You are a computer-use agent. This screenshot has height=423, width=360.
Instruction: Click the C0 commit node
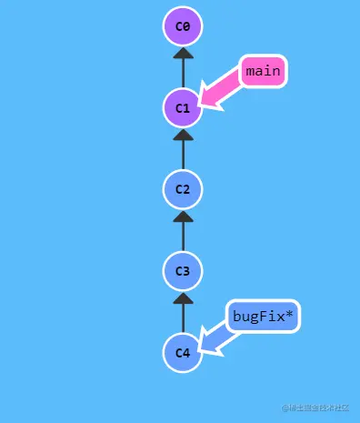(183, 26)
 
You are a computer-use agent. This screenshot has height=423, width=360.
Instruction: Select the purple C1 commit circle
(183, 108)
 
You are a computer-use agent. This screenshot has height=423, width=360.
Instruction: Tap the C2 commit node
(183, 189)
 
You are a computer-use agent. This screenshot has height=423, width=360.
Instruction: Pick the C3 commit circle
(183, 271)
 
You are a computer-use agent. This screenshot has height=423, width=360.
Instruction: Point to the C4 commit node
(183, 353)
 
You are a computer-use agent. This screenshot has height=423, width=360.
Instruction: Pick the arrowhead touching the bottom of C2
(183, 217)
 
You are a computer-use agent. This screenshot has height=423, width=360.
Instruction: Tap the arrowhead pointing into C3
(183, 298)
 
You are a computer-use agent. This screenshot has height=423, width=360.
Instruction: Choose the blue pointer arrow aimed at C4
(218, 339)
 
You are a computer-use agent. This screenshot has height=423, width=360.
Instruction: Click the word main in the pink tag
(264, 71)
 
